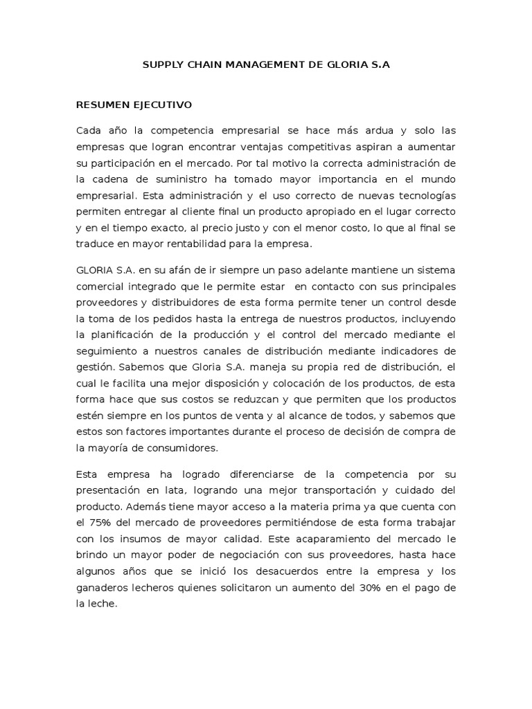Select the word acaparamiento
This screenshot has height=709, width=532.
pyautogui.click(x=350, y=537)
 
